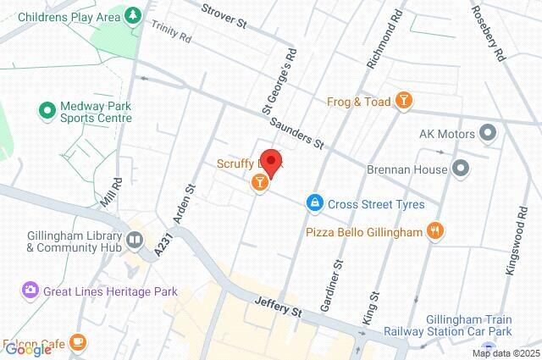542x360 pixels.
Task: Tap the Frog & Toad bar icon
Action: point(406,102)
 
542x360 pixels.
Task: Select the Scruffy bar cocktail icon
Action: point(259,180)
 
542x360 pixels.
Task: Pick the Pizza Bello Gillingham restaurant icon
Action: point(435,230)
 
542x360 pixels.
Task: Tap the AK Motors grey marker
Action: point(488,133)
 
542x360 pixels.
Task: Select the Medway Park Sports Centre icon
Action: point(47,110)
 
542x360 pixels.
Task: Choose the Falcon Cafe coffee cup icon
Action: point(78,341)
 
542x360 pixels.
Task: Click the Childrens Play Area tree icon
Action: point(132,16)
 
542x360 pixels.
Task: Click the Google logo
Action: point(27,350)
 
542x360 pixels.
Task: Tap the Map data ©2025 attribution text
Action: point(506,353)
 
